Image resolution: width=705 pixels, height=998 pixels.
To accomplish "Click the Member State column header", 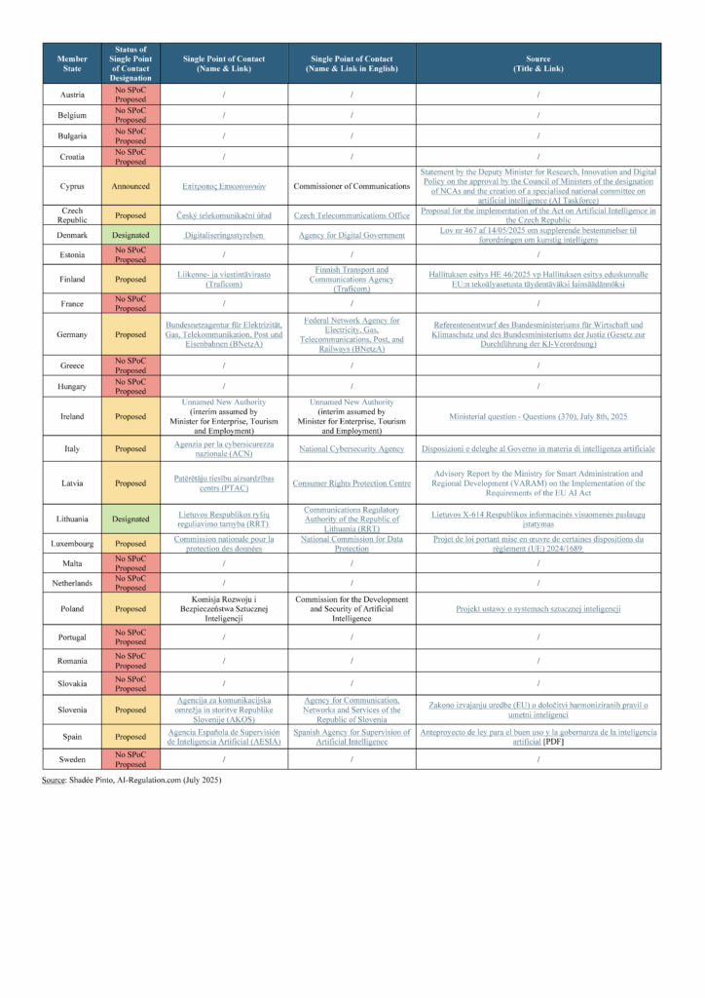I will pos(71,63).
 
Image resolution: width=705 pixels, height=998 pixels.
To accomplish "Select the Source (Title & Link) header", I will pos(538,63).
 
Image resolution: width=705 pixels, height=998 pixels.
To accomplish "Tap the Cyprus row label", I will pos(71,185).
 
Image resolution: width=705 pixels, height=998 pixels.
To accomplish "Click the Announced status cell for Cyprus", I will pos(130,185).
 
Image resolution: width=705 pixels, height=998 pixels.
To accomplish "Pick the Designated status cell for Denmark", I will pos(130,235).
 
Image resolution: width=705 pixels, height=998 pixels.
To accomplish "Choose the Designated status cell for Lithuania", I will pos(130,518).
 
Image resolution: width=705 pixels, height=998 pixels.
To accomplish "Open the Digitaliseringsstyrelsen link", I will pos(224,235).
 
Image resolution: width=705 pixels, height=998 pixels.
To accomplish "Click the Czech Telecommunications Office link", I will pos(352,214).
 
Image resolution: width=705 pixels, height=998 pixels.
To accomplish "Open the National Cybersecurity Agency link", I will pos(352,449).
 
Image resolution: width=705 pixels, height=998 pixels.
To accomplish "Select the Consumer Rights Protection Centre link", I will pos(352,482).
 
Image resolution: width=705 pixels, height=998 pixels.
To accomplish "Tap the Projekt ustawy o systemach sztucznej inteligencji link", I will pos(538,609).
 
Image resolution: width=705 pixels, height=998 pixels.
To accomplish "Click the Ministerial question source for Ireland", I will pos(538,416).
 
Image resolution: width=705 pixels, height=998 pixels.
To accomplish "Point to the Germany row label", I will pos(71,334).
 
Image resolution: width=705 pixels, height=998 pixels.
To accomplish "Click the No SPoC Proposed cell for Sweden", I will pos(130,759).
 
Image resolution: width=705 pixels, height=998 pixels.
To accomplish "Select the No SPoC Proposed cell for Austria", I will pos(130,95).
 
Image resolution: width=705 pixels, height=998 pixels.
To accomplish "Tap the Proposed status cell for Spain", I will pos(130,736).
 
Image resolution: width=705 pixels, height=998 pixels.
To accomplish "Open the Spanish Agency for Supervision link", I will pos(352,736).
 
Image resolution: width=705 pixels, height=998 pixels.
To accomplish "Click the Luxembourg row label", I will pos(71,543).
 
